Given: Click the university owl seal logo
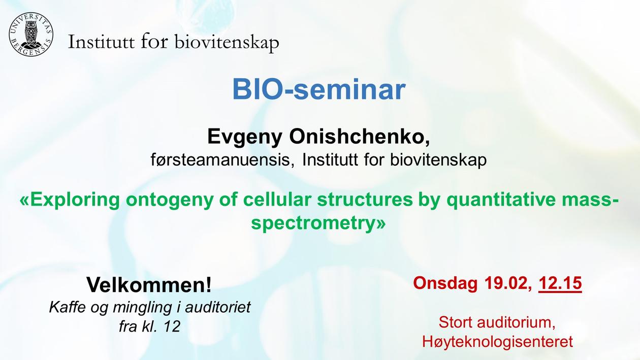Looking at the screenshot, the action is coord(31,35).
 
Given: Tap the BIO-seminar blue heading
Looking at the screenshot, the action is coord(319,89).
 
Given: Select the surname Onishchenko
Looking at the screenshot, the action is coord(360,137).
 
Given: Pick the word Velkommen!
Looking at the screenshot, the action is coord(149,285).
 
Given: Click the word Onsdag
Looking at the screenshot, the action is coord(445,283).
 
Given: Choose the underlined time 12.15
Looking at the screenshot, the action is coord(560,283).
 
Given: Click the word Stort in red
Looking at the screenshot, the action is coord(456,322).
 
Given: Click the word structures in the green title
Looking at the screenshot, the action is coord(365,200).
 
